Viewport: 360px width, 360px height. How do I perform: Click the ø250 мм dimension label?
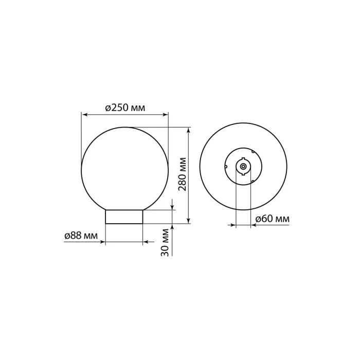[x=125, y=107]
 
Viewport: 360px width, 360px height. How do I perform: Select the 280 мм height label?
[x=183, y=174]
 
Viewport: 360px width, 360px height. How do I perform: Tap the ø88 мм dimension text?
[x=81, y=236]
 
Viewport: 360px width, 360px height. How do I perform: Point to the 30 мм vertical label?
[x=165, y=242]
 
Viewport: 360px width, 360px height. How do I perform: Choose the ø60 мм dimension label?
[x=272, y=219]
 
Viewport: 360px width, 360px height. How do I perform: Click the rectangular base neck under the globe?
[x=124, y=217]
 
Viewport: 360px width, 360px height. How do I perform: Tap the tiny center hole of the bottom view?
[x=243, y=166]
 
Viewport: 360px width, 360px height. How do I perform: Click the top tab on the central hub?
[x=243, y=158]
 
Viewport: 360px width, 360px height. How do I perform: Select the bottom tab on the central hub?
[x=243, y=174]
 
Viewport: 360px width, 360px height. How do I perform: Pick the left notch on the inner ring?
[x=226, y=167]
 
